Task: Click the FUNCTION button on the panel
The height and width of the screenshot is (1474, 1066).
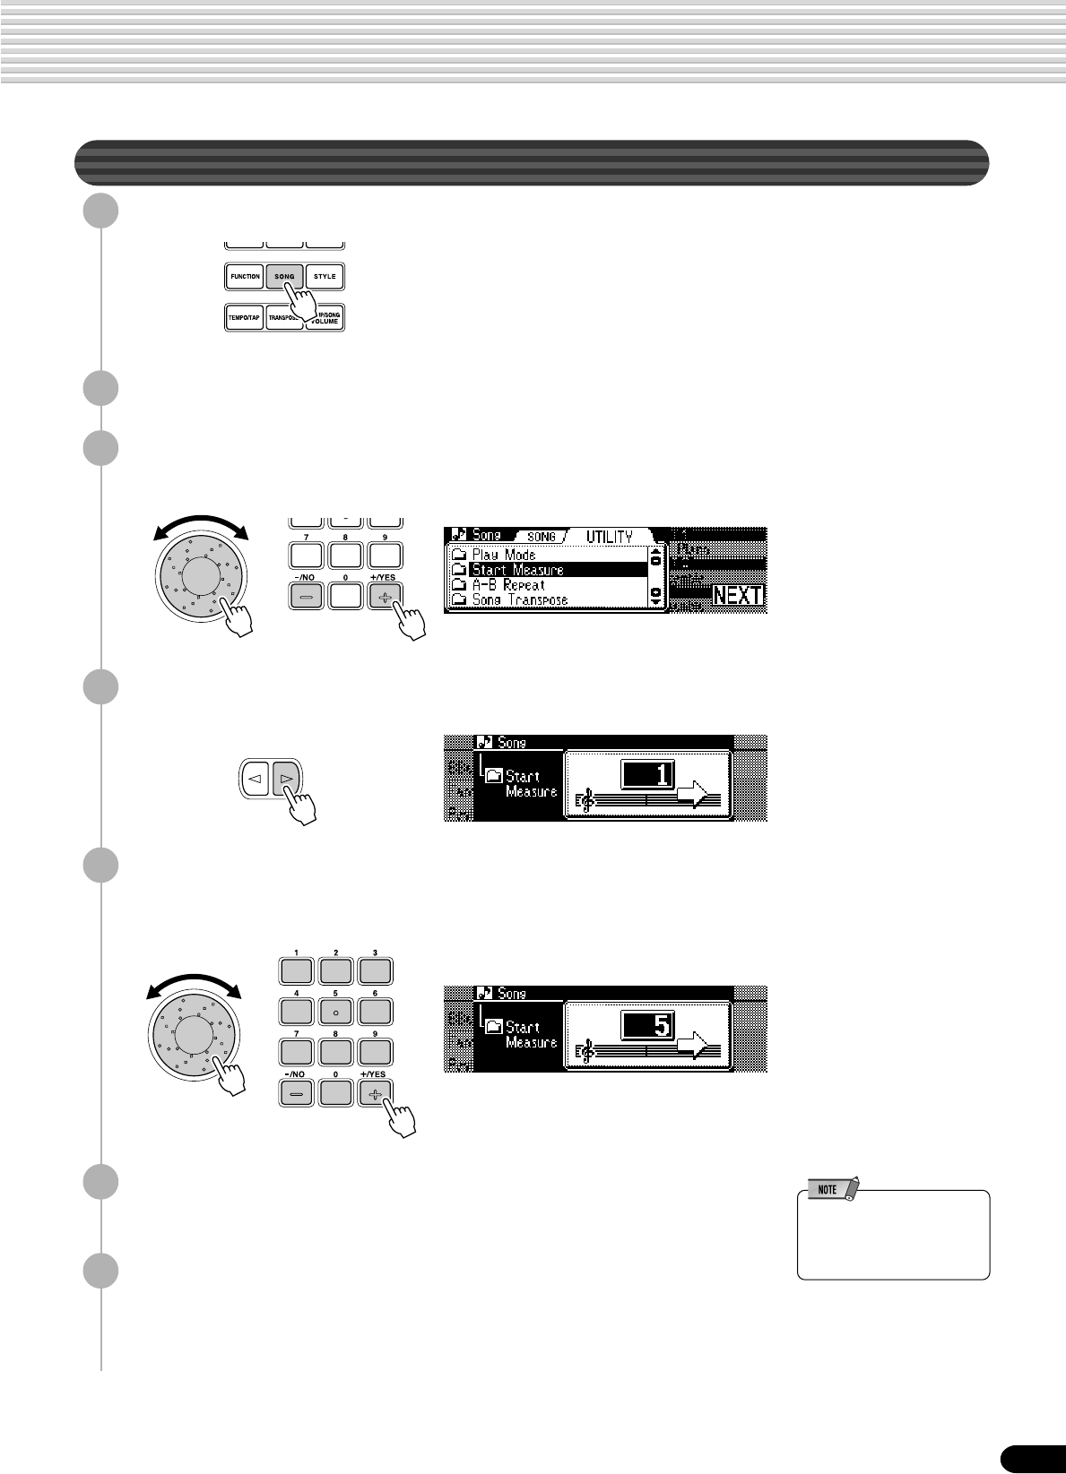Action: (244, 277)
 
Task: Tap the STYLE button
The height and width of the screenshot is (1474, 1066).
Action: (325, 277)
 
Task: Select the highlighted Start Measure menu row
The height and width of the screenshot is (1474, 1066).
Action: (558, 570)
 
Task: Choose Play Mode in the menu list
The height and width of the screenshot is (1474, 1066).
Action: (504, 555)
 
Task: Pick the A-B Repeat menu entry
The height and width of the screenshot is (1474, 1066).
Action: (508, 585)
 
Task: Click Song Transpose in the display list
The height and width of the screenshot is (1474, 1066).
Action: (520, 599)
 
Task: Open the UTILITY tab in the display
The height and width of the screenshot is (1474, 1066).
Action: (610, 537)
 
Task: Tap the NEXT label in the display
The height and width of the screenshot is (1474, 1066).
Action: (738, 596)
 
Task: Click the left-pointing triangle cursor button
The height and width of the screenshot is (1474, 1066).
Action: (255, 780)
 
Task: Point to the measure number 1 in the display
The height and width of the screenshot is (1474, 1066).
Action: (647, 774)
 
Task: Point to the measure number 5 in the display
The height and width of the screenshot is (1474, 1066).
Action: (647, 1025)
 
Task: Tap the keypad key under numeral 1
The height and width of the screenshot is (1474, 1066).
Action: (297, 970)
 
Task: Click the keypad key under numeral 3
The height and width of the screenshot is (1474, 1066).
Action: (375, 970)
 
